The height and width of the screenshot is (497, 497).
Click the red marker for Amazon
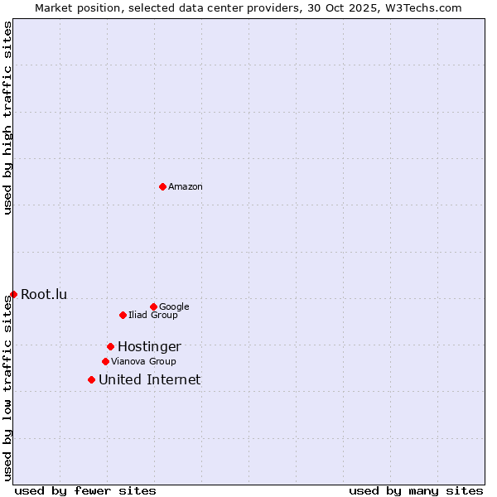pos(162,186)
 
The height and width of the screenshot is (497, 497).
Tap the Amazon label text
pos(186,187)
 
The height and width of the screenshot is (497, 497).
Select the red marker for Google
pos(153,306)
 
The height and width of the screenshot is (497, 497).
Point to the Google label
pos(174,307)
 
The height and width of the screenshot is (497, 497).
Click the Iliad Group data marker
pos(123,315)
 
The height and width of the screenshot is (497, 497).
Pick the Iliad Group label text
pos(153,316)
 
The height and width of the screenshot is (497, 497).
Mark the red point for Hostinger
pos(110,346)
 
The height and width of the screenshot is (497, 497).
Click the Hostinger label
pos(149,347)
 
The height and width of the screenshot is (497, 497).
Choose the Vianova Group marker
pos(105,361)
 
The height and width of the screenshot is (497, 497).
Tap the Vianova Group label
pos(143,362)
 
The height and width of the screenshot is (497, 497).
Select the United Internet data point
pos(91,379)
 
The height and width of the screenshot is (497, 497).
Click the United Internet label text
pos(149,380)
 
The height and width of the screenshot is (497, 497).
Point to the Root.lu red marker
pos(13,294)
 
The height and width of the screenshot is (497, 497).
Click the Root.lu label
pos(44,294)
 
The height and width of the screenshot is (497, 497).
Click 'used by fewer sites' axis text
pos(85,490)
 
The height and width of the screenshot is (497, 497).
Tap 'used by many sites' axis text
pos(416,490)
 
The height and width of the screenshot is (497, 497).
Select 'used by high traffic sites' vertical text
pos(7,118)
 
